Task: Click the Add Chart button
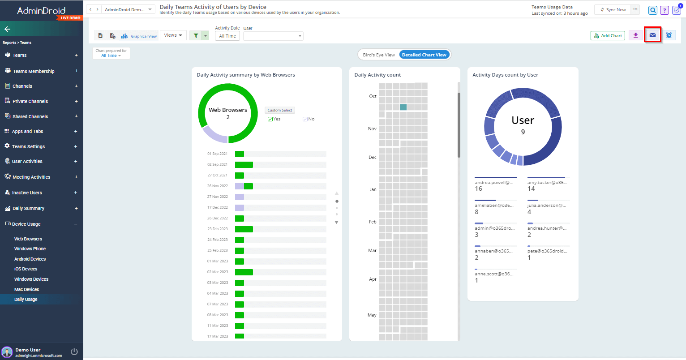pyautogui.click(x=608, y=36)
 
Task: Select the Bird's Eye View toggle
pyautogui.click(x=379, y=55)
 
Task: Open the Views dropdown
pyautogui.click(x=173, y=35)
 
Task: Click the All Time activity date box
pyautogui.click(x=227, y=36)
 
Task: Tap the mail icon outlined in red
pyautogui.click(x=652, y=35)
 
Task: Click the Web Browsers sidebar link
pyautogui.click(x=28, y=239)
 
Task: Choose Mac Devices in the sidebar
pyautogui.click(x=26, y=289)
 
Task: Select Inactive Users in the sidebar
pyautogui.click(x=27, y=193)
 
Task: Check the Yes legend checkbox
pyautogui.click(x=270, y=119)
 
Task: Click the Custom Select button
pyautogui.click(x=279, y=110)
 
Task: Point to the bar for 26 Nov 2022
pyautogui.click(x=244, y=186)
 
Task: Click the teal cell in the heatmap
pyautogui.click(x=403, y=107)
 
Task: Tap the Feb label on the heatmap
pyautogui.click(x=373, y=222)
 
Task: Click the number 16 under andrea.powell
pyautogui.click(x=479, y=189)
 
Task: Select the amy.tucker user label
pyautogui.click(x=547, y=183)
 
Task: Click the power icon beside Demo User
pyautogui.click(x=74, y=351)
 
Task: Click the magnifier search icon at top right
pyautogui.click(x=653, y=10)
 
